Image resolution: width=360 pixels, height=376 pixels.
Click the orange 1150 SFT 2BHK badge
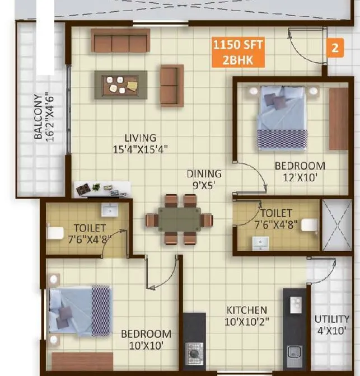(238, 52)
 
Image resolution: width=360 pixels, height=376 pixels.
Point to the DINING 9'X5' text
(204, 179)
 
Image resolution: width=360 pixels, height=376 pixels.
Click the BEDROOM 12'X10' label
(300, 171)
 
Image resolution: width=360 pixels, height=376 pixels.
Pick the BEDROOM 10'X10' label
(146, 340)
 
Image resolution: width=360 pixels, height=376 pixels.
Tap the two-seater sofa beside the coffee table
(171, 85)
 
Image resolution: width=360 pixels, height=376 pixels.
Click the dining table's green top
(179, 219)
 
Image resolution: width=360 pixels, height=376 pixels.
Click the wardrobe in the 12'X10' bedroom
(338, 119)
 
